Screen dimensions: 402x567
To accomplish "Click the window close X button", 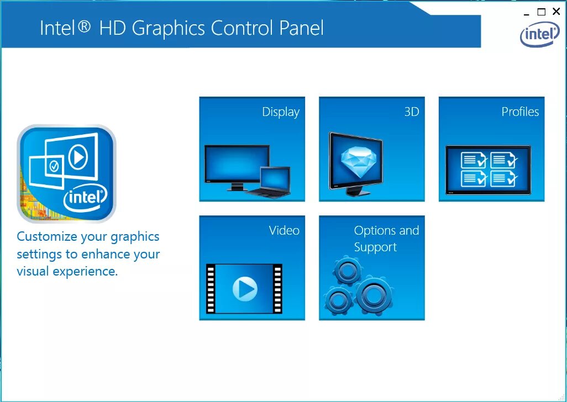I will pyautogui.click(x=556, y=12).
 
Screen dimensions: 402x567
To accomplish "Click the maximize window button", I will pyautogui.click(x=542, y=12).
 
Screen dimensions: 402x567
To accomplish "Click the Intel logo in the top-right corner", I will pyautogui.click(x=539, y=35).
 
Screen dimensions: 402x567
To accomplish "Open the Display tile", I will pyautogui.click(x=252, y=149).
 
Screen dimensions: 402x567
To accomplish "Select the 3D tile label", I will pyautogui.click(x=412, y=112).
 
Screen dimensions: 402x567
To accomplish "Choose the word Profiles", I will pyautogui.click(x=520, y=112).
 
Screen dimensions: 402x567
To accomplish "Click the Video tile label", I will pyautogui.click(x=284, y=230).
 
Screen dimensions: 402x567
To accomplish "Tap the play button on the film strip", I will pyautogui.click(x=244, y=288).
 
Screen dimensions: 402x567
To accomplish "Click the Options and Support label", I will pyautogui.click(x=386, y=239).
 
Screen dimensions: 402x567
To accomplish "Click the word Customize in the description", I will pyautogui.click(x=46, y=236).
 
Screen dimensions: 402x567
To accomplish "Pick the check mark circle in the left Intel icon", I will pyautogui.click(x=54, y=165).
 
